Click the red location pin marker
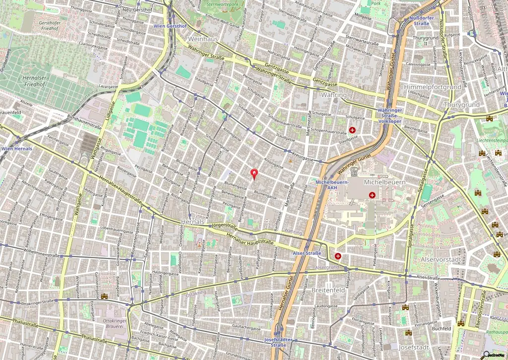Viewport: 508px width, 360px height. pyautogui.click(x=255, y=174)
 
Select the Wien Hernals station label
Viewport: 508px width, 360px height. pyautogui.click(x=16, y=149)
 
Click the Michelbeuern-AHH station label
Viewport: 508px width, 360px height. pyautogui.click(x=332, y=184)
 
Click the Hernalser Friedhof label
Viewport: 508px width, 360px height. pyautogui.click(x=35, y=81)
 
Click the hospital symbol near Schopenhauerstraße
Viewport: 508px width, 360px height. pyautogui.click(x=352, y=130)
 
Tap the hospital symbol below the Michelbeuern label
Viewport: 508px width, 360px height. pyautogui.click(x=372, y=195)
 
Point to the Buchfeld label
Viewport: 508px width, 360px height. pyautogui.click(x=441, y=328)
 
